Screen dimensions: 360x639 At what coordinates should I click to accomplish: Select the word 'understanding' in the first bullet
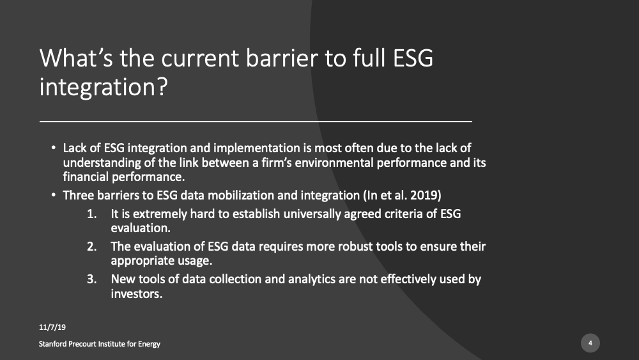(x=97, y=162)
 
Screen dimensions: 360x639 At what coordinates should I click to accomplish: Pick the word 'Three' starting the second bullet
(x=79, y=194)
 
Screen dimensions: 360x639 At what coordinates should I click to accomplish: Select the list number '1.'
(x=92, y=214)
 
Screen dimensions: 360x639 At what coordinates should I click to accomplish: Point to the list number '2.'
(x=92, y=247)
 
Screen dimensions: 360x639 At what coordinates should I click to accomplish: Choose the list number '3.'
(x=92, y=279)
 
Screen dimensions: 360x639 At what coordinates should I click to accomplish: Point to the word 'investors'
(x=135, y=295)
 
